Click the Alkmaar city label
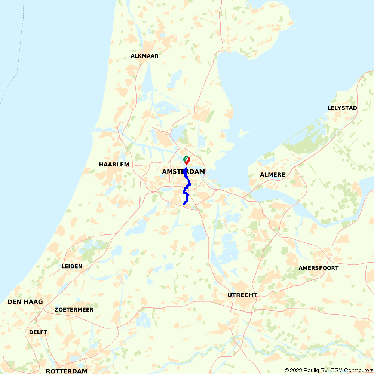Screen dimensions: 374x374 (x=144, y=56)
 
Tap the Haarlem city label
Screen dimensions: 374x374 (x=114, y=165)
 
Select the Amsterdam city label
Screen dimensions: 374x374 (x=183, y=172)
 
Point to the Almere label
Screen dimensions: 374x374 (x=273, y=175)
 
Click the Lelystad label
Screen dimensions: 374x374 (x=342, y=108)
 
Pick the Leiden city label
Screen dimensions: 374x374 (x=72, y=267)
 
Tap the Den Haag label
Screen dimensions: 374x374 (x=25, y=302)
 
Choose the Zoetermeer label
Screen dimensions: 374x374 (x=74, y=310)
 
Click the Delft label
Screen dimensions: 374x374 (x=38, y=332)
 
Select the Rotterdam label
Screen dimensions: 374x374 (x=67, y=371)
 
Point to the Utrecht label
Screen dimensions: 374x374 (x=242, y=295)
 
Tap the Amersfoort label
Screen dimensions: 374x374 (x=318, y=268)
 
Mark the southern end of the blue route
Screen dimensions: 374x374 (x=184, y=203)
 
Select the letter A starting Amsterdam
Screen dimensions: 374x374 (x=165, y=172)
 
